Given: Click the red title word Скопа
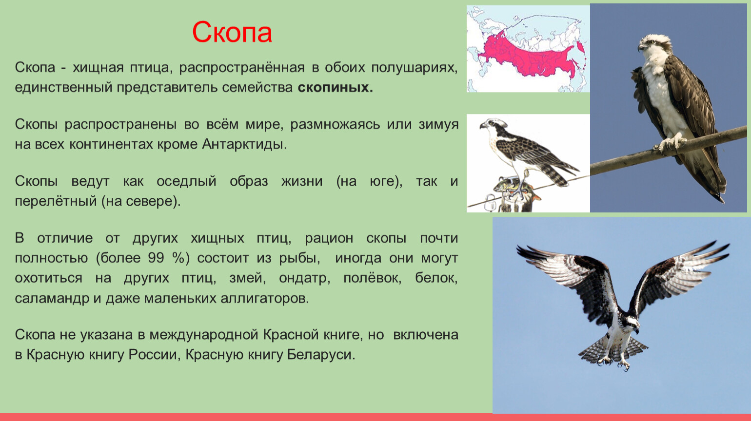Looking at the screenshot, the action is coord(232,33).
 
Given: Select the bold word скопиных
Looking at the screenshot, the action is coord(336,87).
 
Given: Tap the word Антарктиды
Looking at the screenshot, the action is coord(244,145).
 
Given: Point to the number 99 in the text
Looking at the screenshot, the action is coord(156,258).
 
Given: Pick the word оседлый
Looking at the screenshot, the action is coord(186,182).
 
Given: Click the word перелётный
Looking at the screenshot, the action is coord(56,202).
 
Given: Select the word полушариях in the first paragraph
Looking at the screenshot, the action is coord(415,68).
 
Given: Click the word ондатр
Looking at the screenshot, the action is coord(304,278).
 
